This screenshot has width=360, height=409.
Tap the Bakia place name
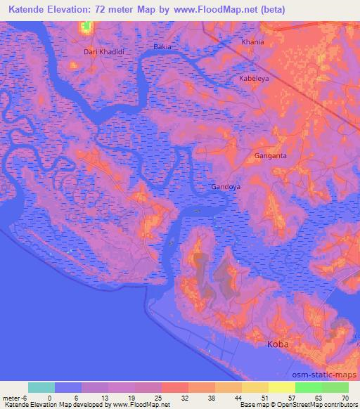(162, 47)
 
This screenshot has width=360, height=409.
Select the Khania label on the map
(252, 42)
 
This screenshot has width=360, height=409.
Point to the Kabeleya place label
(254, 79)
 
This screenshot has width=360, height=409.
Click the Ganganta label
(270, 156)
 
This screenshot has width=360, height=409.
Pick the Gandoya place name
(226, 187)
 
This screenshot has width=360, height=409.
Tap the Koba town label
(278, 344)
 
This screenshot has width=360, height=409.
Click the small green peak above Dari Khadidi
(86, 27)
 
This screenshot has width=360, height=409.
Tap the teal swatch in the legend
(41, 387)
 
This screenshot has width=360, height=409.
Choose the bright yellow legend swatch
(282, 387)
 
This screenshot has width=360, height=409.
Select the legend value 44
(239, 397)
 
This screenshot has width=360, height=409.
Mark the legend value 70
(346, 397)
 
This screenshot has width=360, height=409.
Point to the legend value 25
(158, 397)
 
